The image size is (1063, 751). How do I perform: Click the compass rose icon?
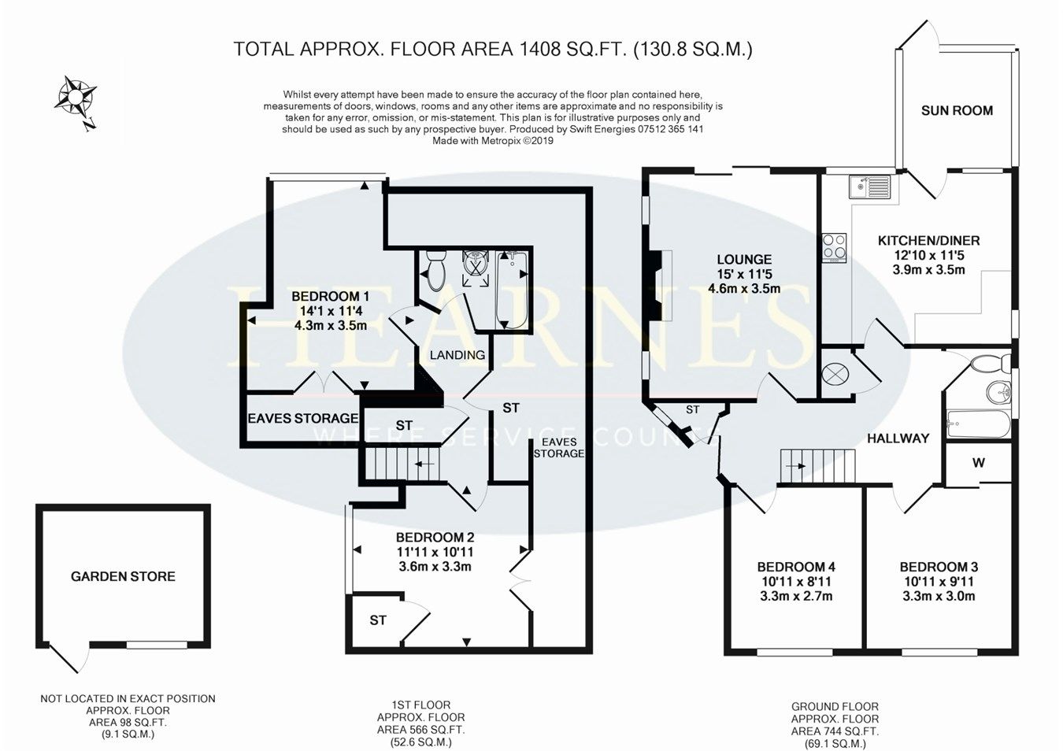coord(76,98)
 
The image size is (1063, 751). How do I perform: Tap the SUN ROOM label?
coord(957,111)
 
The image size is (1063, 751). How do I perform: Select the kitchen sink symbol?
coord(869,187)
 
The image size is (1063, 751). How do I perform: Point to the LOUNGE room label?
coord(744,260)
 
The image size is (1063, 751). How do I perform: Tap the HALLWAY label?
coord(898,438)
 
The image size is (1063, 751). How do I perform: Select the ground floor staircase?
coord(817,465)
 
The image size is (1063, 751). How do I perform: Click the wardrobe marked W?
coord(978,463)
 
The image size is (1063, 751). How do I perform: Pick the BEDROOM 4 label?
coord(795,567)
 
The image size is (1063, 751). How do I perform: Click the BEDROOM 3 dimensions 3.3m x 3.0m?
coord(939,596)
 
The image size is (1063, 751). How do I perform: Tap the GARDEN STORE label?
coord(123,576)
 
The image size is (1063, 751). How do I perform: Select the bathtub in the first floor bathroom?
coord(513,288)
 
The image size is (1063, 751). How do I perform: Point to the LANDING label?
coord(457,355)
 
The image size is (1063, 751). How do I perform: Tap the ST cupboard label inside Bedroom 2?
coord(378,620)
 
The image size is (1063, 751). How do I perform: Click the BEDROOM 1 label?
coord(330,296)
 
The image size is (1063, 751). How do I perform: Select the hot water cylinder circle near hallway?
coord(835,375)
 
